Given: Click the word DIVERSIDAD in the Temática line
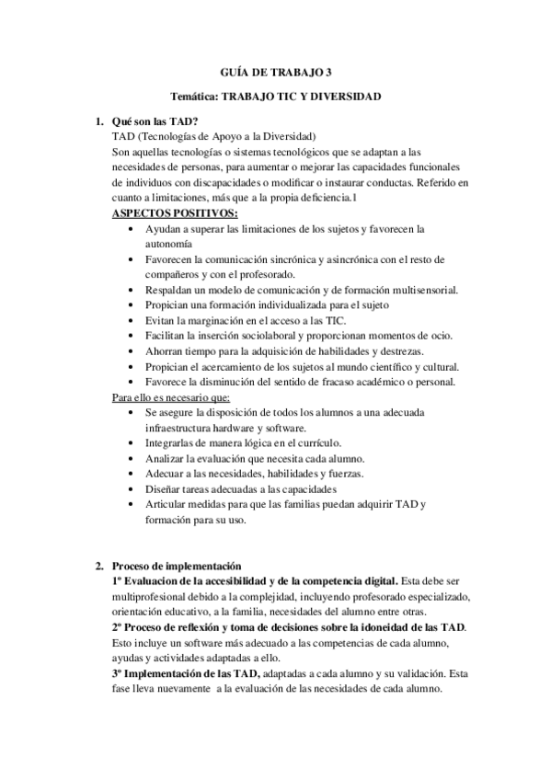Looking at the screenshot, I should coord(347,96).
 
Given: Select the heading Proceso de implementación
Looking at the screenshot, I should coord(176,565).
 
